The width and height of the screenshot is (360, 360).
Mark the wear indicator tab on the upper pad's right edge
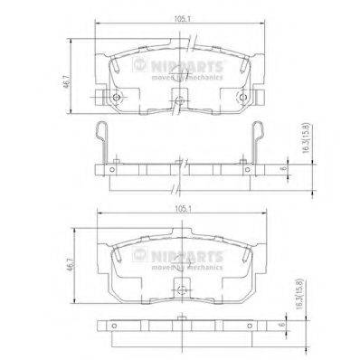pos(261,96)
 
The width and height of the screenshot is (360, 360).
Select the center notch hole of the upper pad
pos(179,101)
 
